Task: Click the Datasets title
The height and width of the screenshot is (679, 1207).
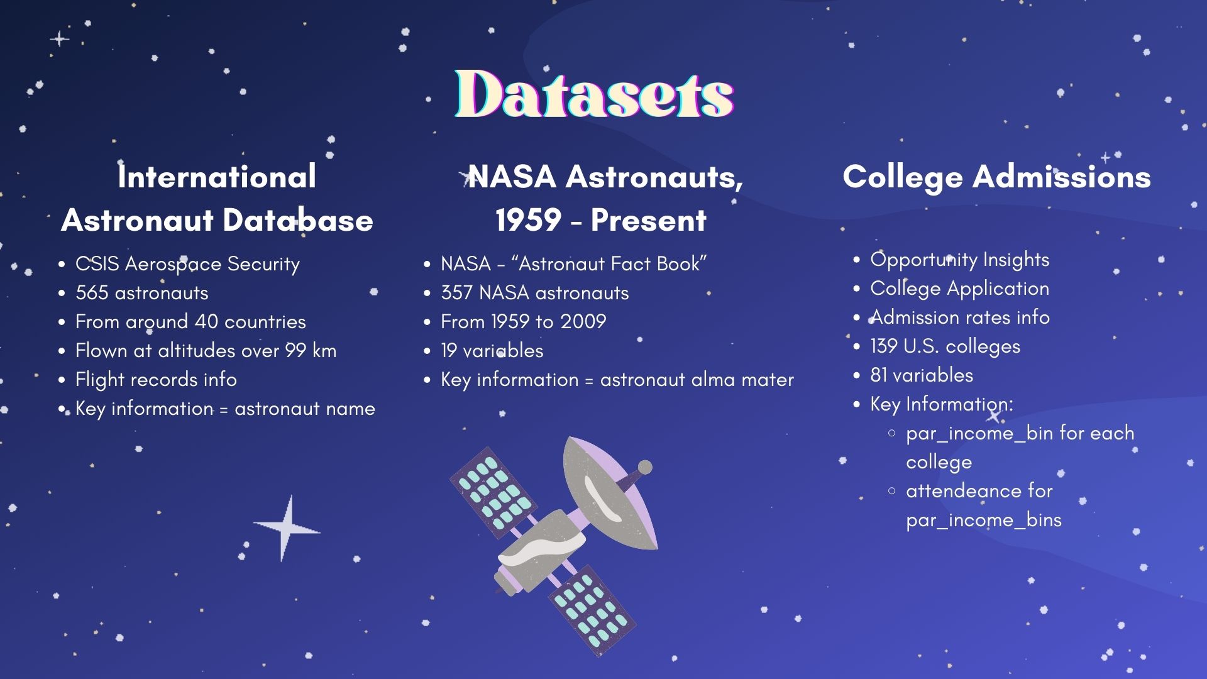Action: pos(595,94)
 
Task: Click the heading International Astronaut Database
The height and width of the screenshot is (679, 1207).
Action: pos(218,198)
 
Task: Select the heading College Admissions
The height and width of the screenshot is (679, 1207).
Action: pos(997,177)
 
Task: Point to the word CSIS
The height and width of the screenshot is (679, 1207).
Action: pos(97,264)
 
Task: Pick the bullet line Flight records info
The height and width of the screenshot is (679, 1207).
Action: pos(156,380)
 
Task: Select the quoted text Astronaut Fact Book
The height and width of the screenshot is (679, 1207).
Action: pos(609,264)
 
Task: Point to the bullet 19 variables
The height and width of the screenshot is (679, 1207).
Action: pos(492,351)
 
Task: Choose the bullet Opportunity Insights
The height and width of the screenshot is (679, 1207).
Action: pos(959,260)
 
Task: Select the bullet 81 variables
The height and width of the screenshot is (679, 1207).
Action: pos(922,375)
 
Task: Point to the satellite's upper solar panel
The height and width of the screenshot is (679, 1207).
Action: pos(493,493)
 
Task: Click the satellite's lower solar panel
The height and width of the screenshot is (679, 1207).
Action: pos(592,610)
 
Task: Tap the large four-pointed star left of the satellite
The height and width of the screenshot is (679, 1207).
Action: pos(287,528)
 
